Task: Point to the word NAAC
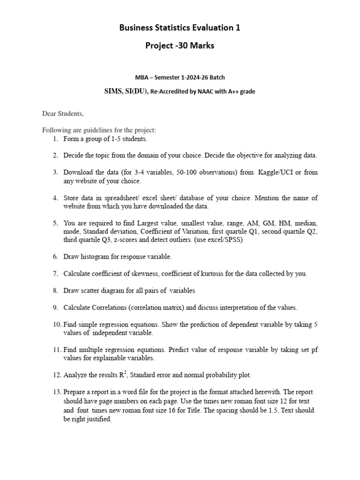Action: coord(207,91)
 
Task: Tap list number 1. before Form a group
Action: coord(55,139)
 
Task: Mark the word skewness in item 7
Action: coord(142,274)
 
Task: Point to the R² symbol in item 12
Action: coord(124,375)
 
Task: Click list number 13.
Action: coord(57,392)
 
